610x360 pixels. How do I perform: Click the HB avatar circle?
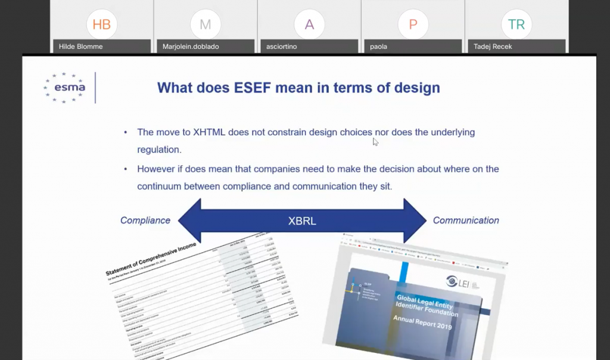pyautogui.click(x=102, y=24)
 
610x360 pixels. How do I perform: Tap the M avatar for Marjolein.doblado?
pyautogui.click(x=206, y=24)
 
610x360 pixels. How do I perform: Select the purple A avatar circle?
pyautogui.click(x=309, y=24)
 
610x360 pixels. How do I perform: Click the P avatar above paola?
pyautogui.click(x=413, y=24)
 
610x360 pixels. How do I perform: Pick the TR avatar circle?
pyautogui.click(x=516, y=24)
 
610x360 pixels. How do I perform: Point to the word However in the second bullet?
pyautogui.click(x=157, y=169)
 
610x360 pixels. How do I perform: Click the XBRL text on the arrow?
pyautogui.click(x=301, y=221)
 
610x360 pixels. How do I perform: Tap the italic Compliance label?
pyautogui.click(x=145, y=221)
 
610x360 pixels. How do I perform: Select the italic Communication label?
pyautogui.click(x=466, y=221)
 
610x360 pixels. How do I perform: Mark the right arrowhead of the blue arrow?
pyautogui.click(x=415, y=221)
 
